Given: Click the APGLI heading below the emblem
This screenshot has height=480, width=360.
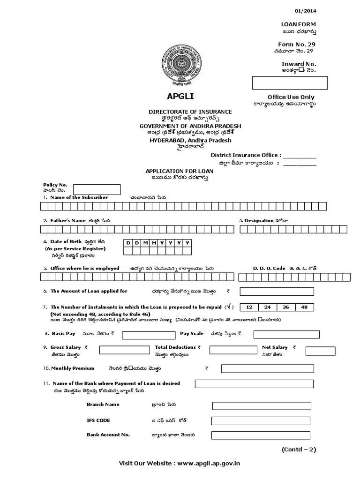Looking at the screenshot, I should click(x=180, y=97).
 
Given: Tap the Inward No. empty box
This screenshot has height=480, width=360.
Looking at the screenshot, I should click(x=290, y=82).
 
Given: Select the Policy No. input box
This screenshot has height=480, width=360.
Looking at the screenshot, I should click(x=100, y=189).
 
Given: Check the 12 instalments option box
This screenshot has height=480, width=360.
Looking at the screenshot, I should click(x=249, y=307).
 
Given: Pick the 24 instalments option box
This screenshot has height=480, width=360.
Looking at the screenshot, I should click(x=267, y=307).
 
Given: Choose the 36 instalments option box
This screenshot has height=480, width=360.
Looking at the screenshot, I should click(x=286, y=307).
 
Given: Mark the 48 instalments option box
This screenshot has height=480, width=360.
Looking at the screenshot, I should click(x=304, y=307).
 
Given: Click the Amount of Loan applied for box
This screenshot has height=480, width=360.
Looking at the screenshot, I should click(x=277, y=292).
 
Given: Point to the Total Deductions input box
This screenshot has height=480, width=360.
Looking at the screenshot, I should click(x=230, y=350).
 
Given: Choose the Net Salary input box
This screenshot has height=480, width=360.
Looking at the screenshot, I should click(x=320, y=351).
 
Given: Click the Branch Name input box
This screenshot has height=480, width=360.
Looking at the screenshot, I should click(x=261, y=405).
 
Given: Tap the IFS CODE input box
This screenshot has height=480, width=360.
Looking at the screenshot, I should click(x=261, y=420).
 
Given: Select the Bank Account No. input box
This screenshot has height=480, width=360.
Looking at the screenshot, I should click(x=261, y=435).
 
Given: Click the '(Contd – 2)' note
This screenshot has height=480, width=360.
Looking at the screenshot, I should click(x=299, y=449).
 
